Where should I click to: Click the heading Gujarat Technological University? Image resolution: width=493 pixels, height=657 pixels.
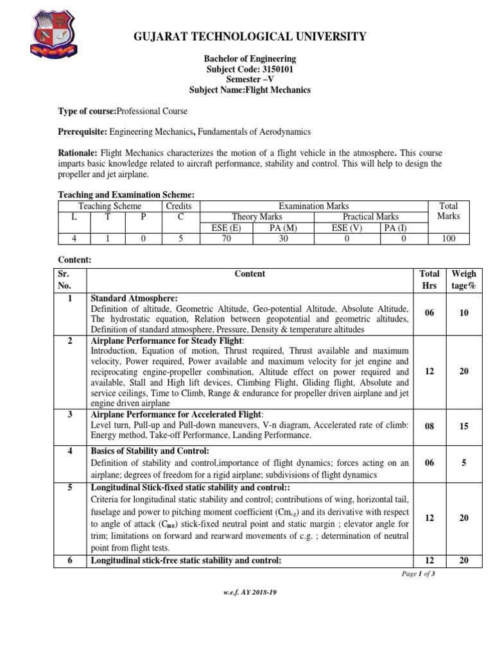[x=250, y=36]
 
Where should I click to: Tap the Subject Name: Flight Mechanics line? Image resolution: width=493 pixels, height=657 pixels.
[x=250, y=90]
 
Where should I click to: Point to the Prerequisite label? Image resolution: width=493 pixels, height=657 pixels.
[x=82, y=132]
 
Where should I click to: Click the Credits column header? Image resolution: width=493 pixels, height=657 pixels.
[x=178, y=206]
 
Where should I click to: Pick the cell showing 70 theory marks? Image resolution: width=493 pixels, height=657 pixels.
[x=227, y=239]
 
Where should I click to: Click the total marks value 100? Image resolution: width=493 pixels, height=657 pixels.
[x=448, y=239]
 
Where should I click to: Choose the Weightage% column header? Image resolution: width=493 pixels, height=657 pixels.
[x=464, y=280]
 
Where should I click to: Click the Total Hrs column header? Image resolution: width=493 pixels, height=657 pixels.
[x=429, y=280]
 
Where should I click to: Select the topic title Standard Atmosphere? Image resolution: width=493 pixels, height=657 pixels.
[x=134, y=298]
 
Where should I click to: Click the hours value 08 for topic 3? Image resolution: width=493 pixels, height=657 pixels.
[x=429, y=425]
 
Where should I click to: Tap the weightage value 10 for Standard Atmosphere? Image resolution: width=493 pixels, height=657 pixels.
[x=464, y=313]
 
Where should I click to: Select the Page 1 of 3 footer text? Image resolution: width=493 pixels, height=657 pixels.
[x=419, y=574]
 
